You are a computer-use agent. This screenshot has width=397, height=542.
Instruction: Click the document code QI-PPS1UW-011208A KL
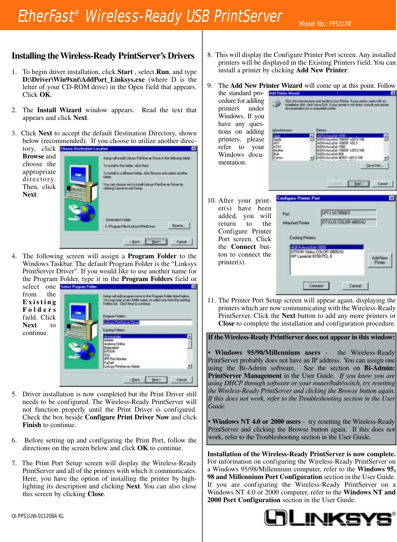pos(38,516)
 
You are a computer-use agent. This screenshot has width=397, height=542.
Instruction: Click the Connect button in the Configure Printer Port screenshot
pos(316,286)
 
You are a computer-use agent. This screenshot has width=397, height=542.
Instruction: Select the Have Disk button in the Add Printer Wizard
pos(375,165)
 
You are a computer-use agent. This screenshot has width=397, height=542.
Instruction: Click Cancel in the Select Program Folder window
pos(181,380)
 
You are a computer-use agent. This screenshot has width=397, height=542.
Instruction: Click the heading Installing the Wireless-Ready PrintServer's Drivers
pos(103,56)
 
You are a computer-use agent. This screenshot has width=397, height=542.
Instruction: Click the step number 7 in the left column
pos(14,463)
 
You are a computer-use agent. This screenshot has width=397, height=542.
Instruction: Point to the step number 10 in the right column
pos(211,201)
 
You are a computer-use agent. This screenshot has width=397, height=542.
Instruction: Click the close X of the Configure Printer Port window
pos(391,198)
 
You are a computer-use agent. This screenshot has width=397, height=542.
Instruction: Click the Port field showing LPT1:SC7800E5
pos(348,213)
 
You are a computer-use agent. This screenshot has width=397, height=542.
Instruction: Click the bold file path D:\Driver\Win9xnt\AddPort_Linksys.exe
pos(83,80)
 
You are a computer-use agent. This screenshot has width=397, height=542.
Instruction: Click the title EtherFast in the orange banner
pos(46,16)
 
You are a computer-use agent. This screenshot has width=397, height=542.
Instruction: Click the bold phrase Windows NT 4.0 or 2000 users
pos(256,421)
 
